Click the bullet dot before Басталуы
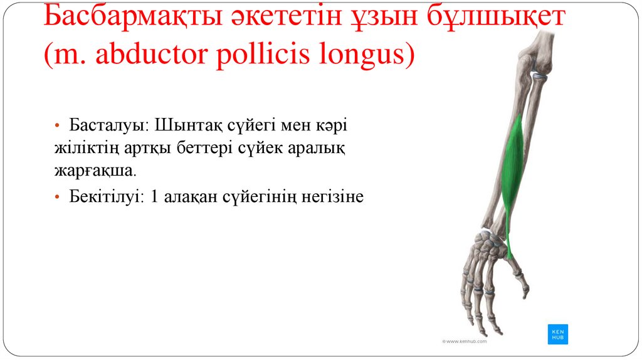coord(57,125)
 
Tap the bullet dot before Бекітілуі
coord(57,198)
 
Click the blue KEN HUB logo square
coord(557,334)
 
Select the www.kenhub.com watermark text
coord(465,341)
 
